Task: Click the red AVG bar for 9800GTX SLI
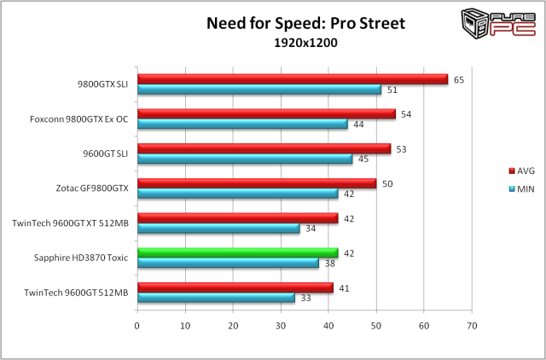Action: pos(292,79)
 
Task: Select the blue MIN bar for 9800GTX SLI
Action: pos(258,90)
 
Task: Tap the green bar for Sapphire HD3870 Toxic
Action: pos(237,253)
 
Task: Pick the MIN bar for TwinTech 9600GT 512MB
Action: pos(216,298)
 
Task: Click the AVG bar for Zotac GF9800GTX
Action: pos(256,183)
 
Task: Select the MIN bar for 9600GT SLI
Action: pos(244,159)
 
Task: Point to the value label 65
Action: pos(459,80)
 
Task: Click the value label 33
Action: pos(305,299)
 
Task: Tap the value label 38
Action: pos(329,264)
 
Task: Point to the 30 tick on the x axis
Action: pos(280,325)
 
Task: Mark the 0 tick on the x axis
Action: pos(137,325)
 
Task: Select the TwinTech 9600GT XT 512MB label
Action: pos(70,223)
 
